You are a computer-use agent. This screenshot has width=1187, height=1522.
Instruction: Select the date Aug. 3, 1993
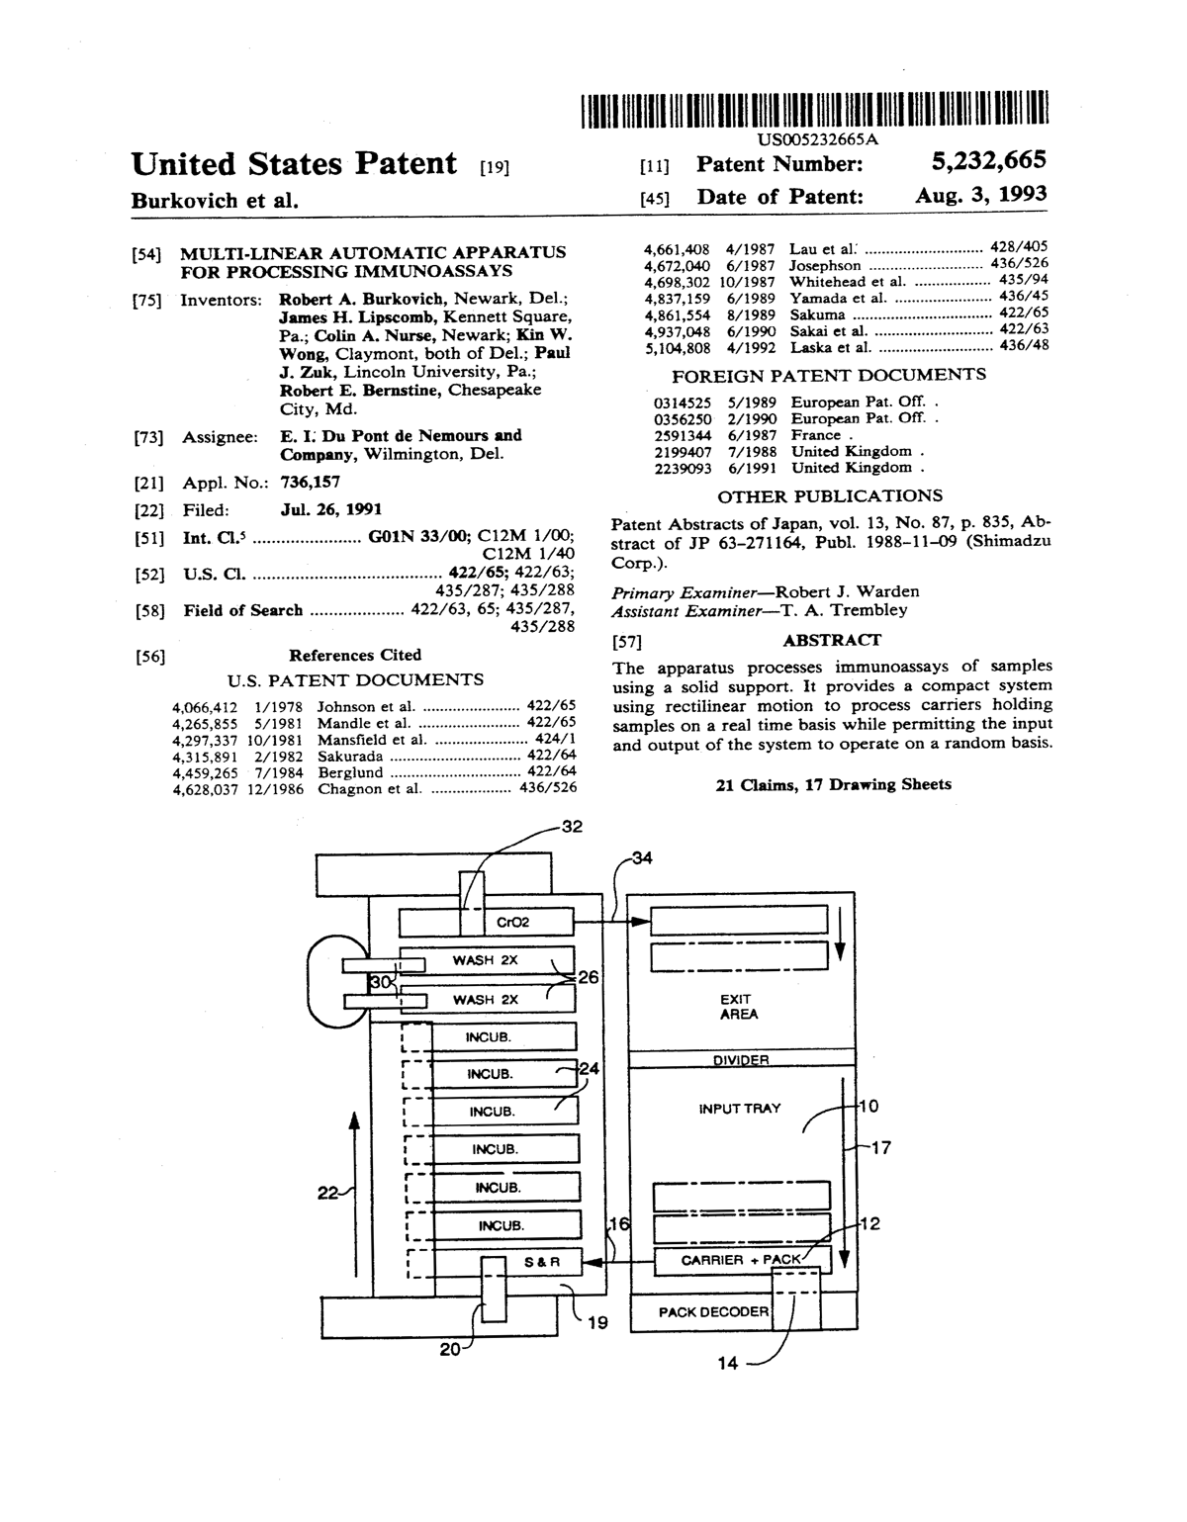click(980, 195)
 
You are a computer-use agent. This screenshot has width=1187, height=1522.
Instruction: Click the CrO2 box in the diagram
click(513, 923)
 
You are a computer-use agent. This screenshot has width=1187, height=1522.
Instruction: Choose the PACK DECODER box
click(713, 1311)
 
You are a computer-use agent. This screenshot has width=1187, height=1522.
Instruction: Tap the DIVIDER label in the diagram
click(741, 1060)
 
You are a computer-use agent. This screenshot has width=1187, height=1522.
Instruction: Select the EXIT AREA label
click(739, 1007)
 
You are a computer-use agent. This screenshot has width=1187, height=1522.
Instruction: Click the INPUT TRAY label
click(739, 1109)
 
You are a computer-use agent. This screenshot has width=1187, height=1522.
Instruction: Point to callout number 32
click(572, 827)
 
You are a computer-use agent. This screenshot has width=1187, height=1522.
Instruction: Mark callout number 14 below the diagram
click(727, 1363)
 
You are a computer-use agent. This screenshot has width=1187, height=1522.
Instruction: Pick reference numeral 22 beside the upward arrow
click(327, 1193)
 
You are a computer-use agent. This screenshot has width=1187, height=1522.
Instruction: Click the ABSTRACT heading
click(831, 640)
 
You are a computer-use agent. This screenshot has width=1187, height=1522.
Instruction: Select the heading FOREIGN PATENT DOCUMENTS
click(828, 375)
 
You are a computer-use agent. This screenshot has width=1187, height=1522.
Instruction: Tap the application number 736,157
click(310, 483)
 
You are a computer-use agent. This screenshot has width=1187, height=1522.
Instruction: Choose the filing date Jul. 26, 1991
click(331, 509)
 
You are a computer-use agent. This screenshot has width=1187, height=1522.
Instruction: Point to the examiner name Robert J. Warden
click(847, 591)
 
